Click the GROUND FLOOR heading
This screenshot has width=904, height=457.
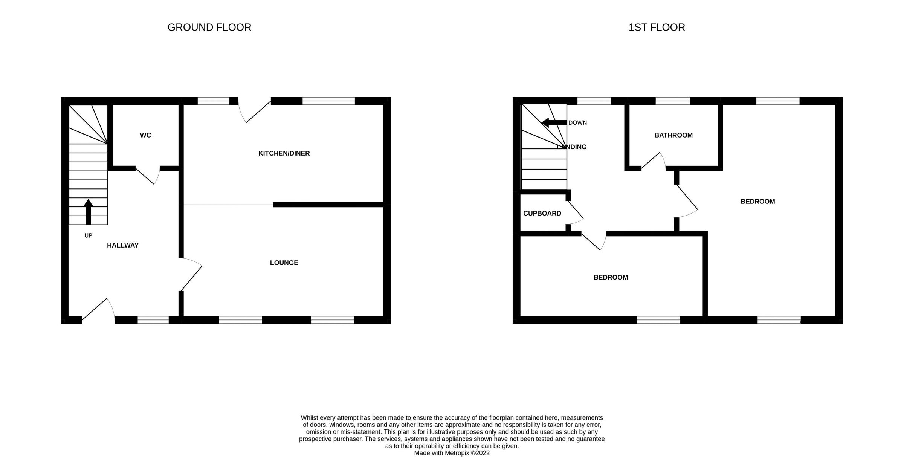[209, 28]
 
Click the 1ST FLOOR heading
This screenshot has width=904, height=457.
[657, 28]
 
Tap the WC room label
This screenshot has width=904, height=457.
[145, 135]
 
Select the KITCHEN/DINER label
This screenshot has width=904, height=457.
[284, 153]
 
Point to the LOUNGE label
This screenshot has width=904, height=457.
[284, 263]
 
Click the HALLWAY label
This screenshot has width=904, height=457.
[123, 245]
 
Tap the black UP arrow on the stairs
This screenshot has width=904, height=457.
[88, 211]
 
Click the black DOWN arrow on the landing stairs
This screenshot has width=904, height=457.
[554, 122]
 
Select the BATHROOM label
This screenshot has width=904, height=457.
[673, 135]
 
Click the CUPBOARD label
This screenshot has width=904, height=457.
[542, 213]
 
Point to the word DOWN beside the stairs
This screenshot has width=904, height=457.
[577, 123]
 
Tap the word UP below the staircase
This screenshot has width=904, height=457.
[88, 236]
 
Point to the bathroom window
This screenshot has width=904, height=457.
[673, 101]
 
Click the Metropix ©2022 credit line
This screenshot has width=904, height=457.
[452, 453]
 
